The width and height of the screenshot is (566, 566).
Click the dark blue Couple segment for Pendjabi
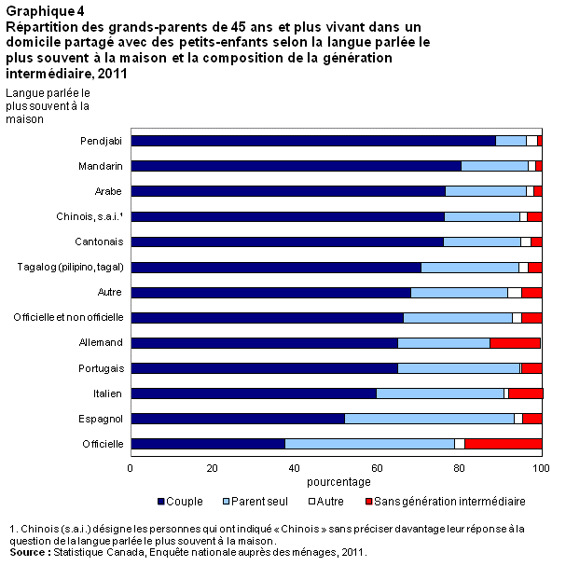click(x=312, y=141)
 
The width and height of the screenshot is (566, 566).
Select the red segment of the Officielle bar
click(x=504, y=444)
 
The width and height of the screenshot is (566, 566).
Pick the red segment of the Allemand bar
click(x=515, y=343)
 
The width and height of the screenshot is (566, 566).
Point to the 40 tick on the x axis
click(x=295, y=467)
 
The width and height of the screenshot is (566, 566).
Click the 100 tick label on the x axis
click(x=542, y=467)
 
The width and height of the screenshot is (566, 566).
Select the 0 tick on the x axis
click(x=131, y=467)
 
